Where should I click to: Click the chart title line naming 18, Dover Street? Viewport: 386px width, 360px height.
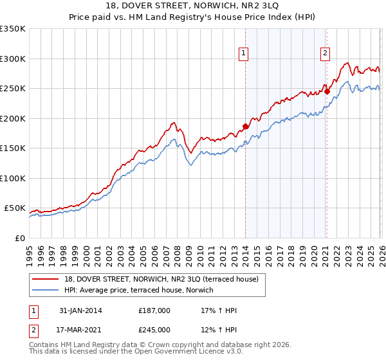coord(193,6)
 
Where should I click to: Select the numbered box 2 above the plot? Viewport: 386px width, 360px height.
coord(326,53)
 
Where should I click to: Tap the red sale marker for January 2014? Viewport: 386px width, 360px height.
coord(245,126)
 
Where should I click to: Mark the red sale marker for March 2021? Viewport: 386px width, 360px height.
coord(327,91)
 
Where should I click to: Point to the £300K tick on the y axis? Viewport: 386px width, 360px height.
coord(13,59)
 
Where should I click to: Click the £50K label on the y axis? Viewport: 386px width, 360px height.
coord(15,208)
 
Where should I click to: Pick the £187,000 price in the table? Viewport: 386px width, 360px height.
coord(154,310)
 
